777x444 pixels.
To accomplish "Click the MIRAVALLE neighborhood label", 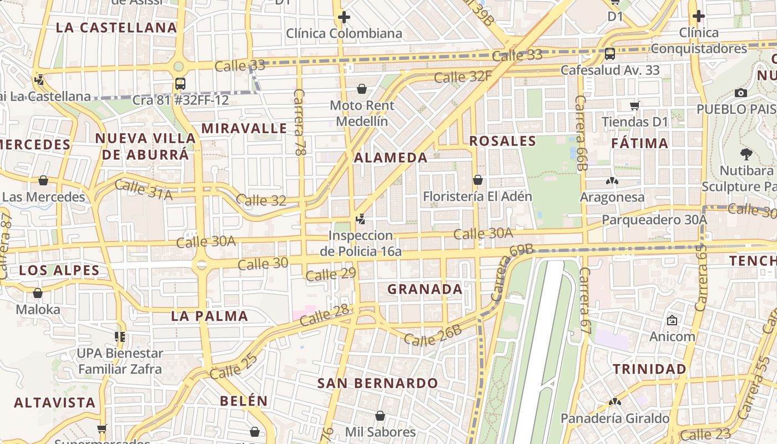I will pos(244,129).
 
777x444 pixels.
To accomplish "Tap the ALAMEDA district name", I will pos(391,158).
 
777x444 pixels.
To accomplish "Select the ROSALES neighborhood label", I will pos(503,141).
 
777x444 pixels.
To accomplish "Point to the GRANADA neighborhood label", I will pos(425,289).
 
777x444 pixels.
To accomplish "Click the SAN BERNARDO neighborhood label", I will pos(377,383).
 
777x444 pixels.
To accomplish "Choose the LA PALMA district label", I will pos(209,316).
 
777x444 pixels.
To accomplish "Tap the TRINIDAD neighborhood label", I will pos(649,369).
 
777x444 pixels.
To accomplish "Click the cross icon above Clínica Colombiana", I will pos(344,17).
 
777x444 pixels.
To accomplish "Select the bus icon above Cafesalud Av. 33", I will pos(609,54).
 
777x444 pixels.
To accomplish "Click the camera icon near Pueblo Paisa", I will pos(740,93).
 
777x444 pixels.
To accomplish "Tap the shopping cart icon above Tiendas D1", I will pos(634,105).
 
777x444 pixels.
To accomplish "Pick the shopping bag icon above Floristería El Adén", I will pos(477,180).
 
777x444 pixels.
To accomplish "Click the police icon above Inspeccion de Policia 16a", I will pos(361,219).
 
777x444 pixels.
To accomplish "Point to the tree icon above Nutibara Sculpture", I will pos(745,154).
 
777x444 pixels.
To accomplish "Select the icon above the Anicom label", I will pos(672,320).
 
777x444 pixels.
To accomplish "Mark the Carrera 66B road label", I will pos(581,133).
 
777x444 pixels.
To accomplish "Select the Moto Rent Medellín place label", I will pos(362,113).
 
